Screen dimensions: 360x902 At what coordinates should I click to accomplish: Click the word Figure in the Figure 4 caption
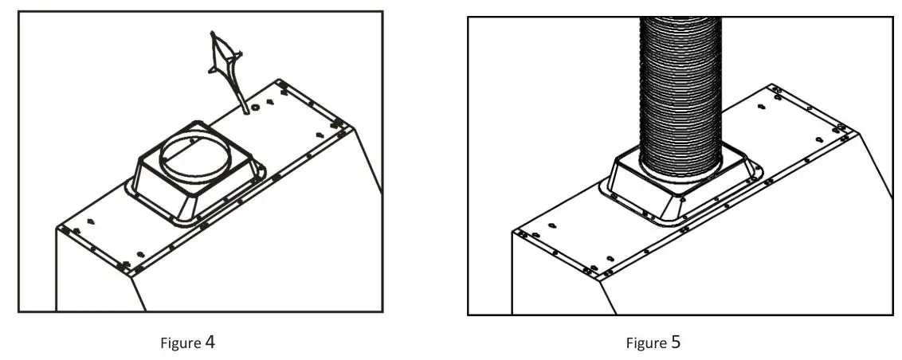tap(181, 343)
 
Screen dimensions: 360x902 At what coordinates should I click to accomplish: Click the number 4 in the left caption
tap(210, 342)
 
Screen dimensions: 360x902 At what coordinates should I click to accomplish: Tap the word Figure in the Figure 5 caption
tap(646, 343)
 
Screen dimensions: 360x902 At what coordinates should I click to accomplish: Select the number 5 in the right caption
tap(676, 342)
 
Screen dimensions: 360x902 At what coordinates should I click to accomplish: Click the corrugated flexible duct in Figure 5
tap(681, 88)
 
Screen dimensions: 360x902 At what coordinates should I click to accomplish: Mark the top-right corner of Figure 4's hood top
tap(280, 81)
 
